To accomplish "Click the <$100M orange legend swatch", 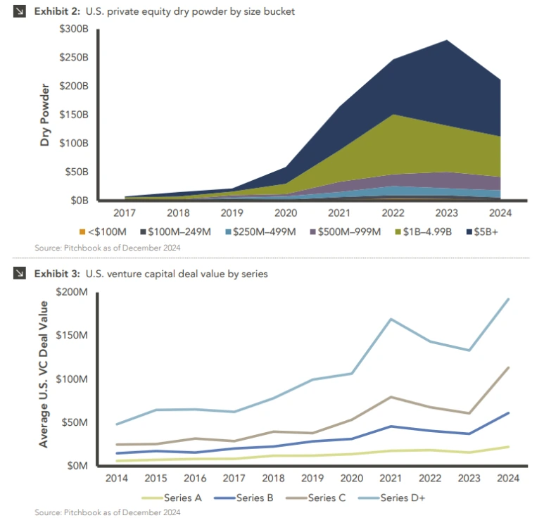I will click(x=82, y=232).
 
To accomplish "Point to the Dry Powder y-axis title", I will click(x=46, y=115).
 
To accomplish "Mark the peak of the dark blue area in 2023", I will click(x=448, y=41).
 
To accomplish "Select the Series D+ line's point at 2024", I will click(x=508, y=299).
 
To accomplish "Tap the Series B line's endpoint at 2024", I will click(x=508, y=412).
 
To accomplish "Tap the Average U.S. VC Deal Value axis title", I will click(x=44, y=374).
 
